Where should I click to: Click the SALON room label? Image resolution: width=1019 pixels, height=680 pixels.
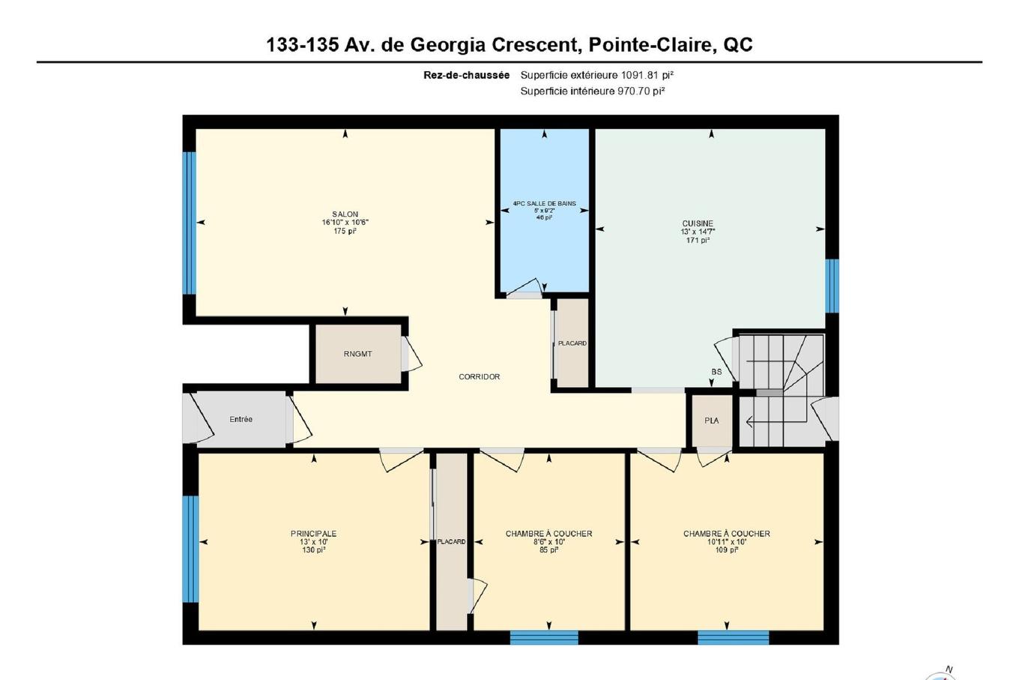click(x=345, y=214)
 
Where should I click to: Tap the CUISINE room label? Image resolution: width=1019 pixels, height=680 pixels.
click(x=698, y=223)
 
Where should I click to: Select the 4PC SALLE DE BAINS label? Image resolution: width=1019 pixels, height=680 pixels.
click(x=545, y=203)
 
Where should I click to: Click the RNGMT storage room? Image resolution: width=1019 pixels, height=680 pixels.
click(x=358, y=354)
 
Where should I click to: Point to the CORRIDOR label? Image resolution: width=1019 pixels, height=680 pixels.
click(x=479, y=377)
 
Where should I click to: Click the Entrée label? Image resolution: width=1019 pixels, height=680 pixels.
click(x=241, y=420)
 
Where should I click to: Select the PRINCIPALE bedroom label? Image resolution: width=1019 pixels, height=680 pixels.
click(x=313, y=534)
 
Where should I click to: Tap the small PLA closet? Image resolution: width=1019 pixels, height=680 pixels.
click(x=711, y=421)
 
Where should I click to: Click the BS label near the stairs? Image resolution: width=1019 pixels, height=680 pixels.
click(x=716, y=372)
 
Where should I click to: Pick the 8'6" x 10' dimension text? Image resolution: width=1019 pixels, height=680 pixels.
click(x=548, y=542)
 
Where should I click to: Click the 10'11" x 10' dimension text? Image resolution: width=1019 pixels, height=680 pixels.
click(x=726, y=542)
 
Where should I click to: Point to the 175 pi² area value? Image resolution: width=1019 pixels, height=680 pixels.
click(x=345, y=232)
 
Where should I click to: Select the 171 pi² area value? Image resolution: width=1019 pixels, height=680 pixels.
click(x=698, y=241)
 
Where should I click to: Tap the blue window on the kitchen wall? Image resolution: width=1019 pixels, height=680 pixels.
click(x=831, y=286)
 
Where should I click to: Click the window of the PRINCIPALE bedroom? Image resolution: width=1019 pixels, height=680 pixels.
click(x=190, y=549)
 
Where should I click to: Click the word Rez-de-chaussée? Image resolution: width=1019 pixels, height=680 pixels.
click(x=466, y=75)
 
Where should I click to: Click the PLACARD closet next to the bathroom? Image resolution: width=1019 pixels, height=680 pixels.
click(x=572, y=343)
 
